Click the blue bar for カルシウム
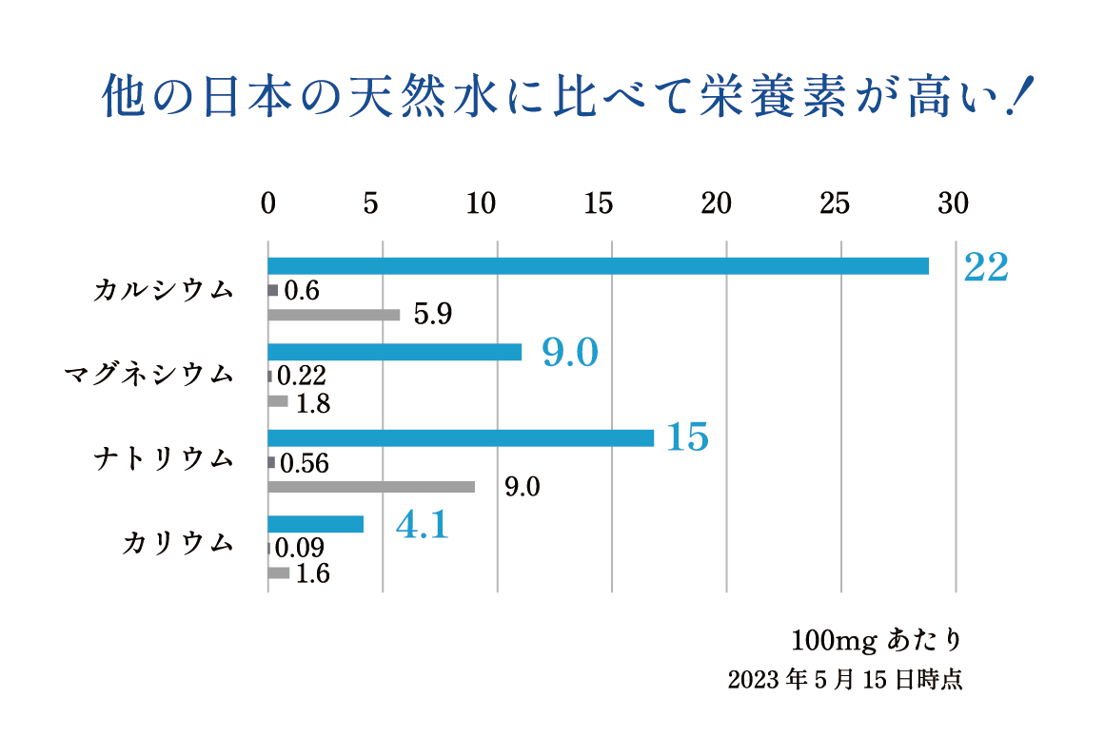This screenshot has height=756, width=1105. click(x=598, y=266)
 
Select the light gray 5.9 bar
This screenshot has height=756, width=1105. click(x=334, y=315)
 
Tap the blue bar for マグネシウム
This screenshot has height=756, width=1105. click(x=395, y=352)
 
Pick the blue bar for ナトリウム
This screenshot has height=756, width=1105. click(x=461, y=438)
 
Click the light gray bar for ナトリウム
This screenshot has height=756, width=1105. click(x=371, y=487)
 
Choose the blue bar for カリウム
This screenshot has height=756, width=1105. click(x=316, y=524)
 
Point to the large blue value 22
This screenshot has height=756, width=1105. click(x=985, y=268)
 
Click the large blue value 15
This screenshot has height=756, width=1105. click(x=687, y=438)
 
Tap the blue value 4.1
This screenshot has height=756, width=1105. click(x=422, y=525)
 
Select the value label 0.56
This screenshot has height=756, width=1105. click(x=305, y=463)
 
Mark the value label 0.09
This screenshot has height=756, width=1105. click(x=299, y=549)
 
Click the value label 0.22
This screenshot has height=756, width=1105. click(x=303, y=377)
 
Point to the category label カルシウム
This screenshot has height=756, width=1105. click(x=164, y=290)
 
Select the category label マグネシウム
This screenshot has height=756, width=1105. click(x=148, y=376)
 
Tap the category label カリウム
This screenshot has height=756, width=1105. click(x=178, y=544)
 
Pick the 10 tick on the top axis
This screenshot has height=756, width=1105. click(x=482, y=204)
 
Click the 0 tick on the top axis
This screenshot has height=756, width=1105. click(x=268, y=204)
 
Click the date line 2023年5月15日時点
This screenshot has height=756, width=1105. click(x=844, y=681)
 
